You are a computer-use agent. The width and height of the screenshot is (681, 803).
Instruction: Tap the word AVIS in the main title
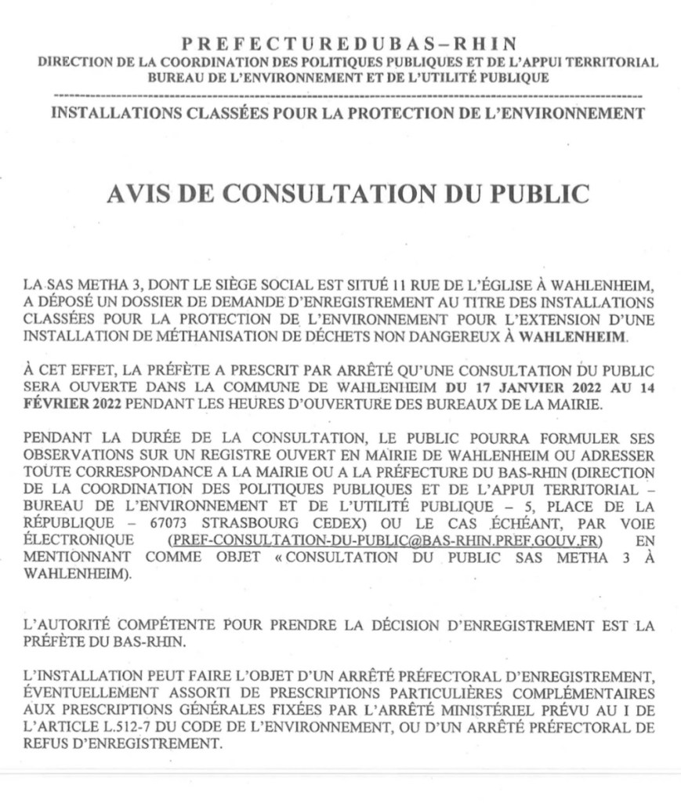[139, 194]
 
